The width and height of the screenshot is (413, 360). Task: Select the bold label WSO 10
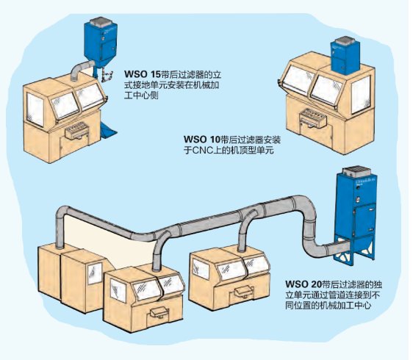tap(200, 139)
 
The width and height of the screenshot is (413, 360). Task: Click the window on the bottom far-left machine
tap(92, 271)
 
